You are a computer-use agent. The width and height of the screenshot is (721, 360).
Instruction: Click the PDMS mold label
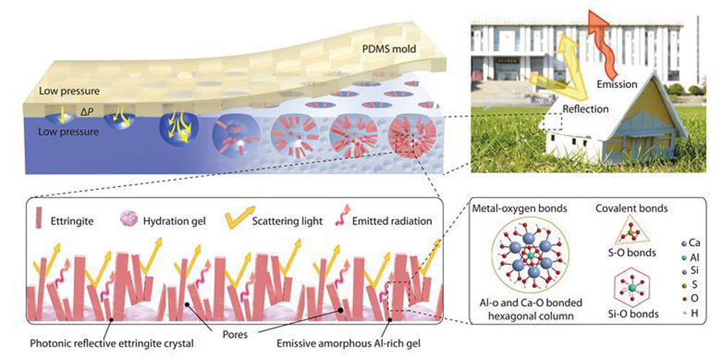[386, 50]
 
